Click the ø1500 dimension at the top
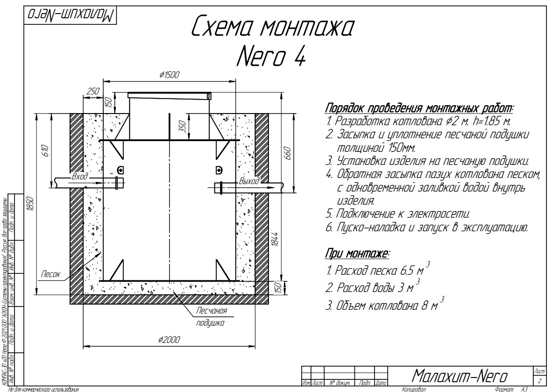[169, 75]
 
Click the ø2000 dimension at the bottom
[169, 340]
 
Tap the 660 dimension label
[287, 153]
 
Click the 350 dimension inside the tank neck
[183, 126]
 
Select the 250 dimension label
[93, 91]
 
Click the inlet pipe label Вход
[80, 177]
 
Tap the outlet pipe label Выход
[248, 181]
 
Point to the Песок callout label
[50, 274]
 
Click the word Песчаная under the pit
[211, 311]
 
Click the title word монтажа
[306, 29]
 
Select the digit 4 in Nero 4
[300, 57]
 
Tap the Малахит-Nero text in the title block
[460, 376]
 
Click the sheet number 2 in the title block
[540, 381]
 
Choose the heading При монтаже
[357, 254]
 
